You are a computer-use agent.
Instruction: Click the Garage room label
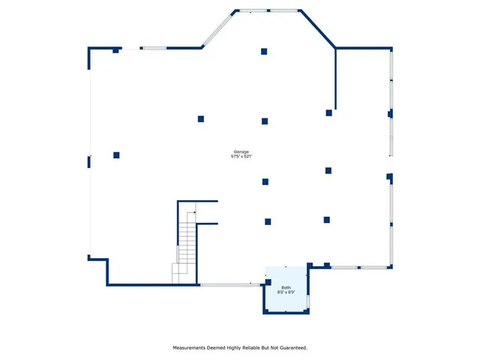[240, 151]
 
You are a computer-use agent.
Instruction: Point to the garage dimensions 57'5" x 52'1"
[240, 157]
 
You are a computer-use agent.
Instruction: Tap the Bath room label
[286, 287]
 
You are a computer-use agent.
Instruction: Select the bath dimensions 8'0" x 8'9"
[286, 292]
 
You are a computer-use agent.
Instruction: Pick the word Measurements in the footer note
[192, 348]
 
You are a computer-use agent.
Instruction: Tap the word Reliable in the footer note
[249, 348]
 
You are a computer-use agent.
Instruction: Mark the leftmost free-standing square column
[116, 155]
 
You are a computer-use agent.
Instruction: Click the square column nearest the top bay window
[264, 52]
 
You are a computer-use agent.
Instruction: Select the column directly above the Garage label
[265, 121]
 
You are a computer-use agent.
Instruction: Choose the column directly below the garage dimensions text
[265, 181]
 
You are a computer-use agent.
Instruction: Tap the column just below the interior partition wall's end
[328, 113]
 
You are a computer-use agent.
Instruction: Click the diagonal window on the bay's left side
[217, 30]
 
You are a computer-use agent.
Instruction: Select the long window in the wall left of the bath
[229, 284]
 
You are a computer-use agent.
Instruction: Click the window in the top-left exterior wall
[154, 49]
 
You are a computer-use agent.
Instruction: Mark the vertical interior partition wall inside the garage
[335, 79]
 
